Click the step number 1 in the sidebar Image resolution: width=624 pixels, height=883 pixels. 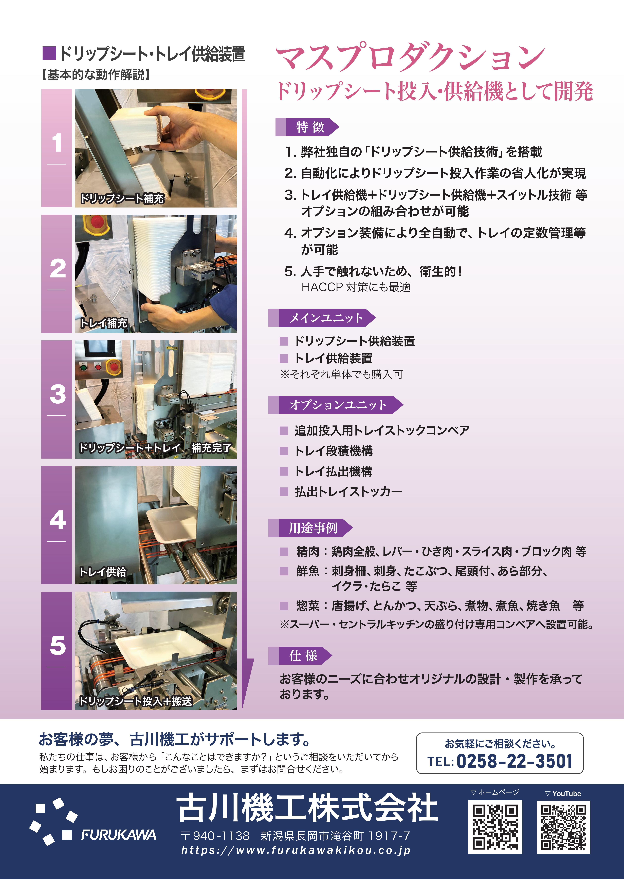[x=57, y=143]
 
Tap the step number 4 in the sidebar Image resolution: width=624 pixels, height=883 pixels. [x=57, y=520]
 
